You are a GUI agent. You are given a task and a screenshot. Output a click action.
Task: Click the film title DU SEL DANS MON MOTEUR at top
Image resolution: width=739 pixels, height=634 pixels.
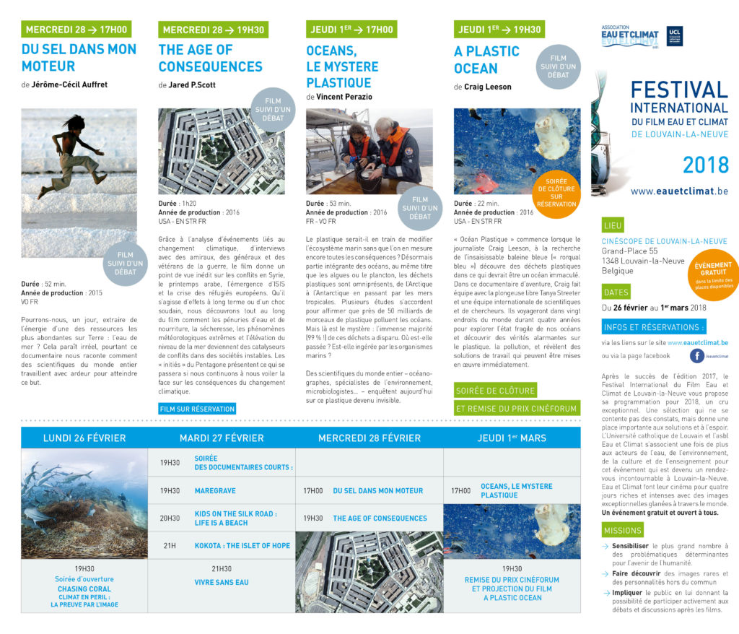(x=79, y=58)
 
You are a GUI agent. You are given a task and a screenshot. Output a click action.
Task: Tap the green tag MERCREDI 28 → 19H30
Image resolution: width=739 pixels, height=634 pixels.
(x=213, y=30)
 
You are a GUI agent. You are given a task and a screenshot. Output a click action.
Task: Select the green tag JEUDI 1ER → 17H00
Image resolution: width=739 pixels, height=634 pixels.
(x=351, y=30)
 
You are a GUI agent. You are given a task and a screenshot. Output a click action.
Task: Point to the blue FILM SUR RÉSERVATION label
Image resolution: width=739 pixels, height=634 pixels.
(x=196, y=409)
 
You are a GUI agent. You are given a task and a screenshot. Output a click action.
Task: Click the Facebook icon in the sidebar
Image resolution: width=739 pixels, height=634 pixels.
(x=697, y=355)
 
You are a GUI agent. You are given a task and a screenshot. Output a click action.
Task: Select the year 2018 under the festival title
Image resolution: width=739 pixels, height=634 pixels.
(x=705, y=165)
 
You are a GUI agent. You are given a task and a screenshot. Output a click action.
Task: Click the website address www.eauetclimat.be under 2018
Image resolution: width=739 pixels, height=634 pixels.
(x=678, y=191)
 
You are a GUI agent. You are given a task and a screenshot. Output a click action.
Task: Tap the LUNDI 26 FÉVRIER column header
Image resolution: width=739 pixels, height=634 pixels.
(x=84, y=438)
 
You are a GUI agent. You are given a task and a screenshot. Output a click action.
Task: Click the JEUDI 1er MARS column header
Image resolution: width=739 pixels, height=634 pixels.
(x=512, y=438)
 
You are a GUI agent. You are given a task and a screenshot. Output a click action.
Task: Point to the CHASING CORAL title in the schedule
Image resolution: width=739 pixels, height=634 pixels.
(x=84, y=589)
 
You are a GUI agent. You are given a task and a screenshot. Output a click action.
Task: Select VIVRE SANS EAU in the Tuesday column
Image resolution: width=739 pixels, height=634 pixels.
(x=221, y=581)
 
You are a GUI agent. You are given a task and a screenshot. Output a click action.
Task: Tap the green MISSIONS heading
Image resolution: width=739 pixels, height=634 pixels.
(x=621, y=531)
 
